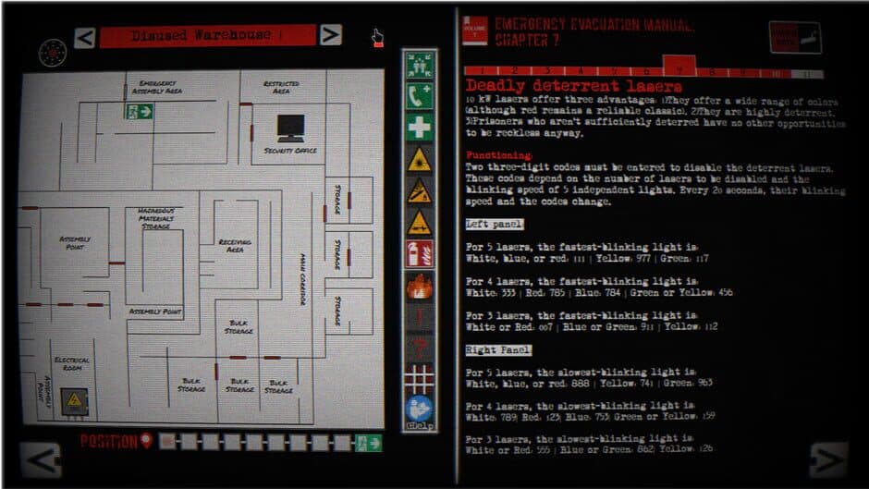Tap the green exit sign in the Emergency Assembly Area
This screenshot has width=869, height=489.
pyautogui.click(x=141, y=111)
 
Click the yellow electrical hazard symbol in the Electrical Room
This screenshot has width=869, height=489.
pyautogui.click(x=73, y=400)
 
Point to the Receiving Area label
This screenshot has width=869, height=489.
pyautogui.click(x=236, y=244)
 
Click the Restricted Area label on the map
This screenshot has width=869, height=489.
pyautogui.click(x=281, y=87)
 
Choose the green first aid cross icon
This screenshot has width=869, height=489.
pyautogui.click(x=419, y=128)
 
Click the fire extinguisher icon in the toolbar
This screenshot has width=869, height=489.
pyautogui.click(x=419, y=253)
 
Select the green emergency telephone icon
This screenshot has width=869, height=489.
pyautogui.click(x=419, y=96)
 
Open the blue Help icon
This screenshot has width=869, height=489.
pyautogui.click(x=419, y=410)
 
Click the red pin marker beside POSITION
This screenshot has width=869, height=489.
pyautogui.click(x=145, y=442)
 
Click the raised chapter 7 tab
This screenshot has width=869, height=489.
pyautogui.click(x=679, y=67)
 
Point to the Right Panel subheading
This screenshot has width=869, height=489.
pyautogui.click(x=497, y=350)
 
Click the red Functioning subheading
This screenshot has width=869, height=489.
pyautogui.click(x=498, y=154)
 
